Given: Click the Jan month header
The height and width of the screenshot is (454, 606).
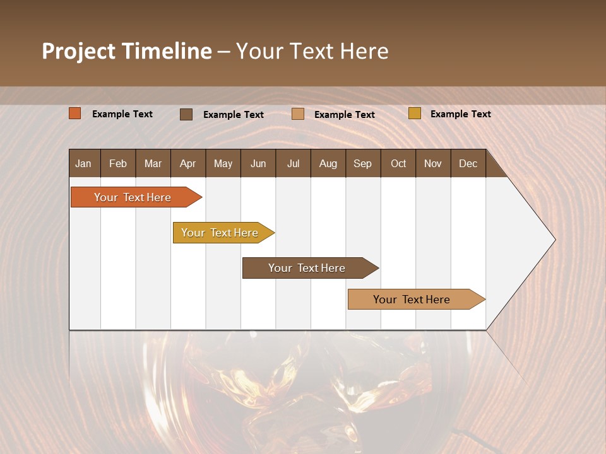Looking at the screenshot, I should point(83,163).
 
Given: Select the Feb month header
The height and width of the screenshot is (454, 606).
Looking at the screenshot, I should point(118,163).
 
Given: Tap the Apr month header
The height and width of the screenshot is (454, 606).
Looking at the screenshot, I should point(187,163).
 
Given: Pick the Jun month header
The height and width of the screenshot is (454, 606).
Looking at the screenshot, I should point(258,163).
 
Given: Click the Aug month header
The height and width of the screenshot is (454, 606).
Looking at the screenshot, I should point(328,163).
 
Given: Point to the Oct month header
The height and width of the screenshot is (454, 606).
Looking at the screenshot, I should point(398,163).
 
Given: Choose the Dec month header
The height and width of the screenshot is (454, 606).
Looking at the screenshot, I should point(468,163).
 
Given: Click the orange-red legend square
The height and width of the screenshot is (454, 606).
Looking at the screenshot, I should point(74,113).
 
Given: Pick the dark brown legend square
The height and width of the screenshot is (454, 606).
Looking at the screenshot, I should point(186,114).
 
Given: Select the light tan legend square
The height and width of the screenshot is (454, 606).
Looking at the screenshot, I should point(298,114).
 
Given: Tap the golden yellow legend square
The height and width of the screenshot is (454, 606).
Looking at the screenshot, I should point(414,113).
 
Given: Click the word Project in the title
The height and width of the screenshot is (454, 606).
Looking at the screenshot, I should point(78,51).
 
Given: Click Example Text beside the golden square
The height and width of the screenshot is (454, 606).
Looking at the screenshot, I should point(460,114).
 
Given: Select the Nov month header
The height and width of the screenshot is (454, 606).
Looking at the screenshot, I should point(432,163).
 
